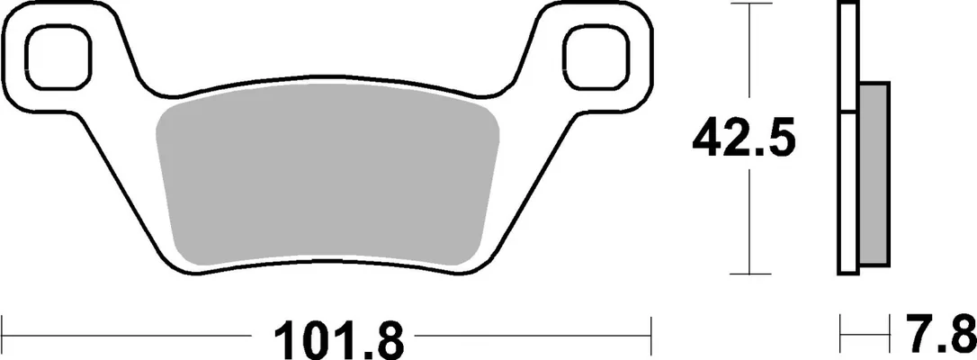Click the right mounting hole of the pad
(595, 58)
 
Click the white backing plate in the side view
(848, 138)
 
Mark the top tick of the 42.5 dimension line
(748, 4)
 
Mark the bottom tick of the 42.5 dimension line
(748, 274)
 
